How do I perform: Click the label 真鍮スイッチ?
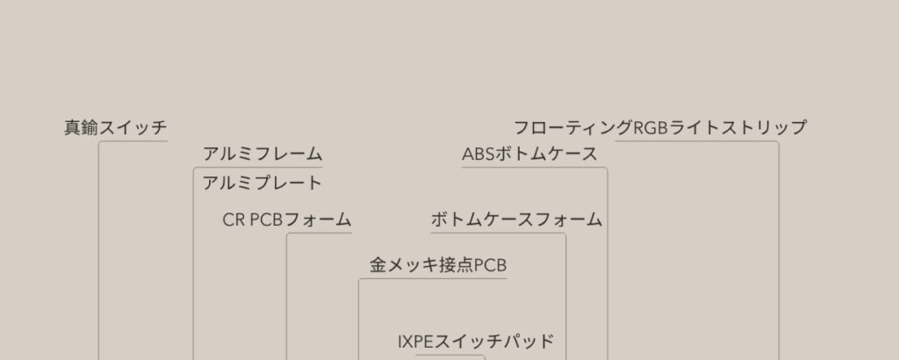pos(115,127)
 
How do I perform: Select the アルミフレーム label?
pos(263,155)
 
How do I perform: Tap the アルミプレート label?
pos(263,184)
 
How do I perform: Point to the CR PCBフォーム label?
pos(287,220)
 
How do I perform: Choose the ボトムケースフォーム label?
pos(516,220)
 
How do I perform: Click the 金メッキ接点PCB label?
pos(438,265)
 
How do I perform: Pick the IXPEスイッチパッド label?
pos(476,342)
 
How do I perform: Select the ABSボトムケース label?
pos(529,155)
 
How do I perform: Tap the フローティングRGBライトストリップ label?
pos(659,127)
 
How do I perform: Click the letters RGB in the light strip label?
pos(651,127)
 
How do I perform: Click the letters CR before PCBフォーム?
pos(234,220)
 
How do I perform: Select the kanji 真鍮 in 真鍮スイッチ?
pos(82,127)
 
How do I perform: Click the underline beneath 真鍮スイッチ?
pos(133,141)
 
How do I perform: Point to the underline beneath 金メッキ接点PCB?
pos(433,278)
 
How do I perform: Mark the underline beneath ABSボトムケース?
pos(535,168)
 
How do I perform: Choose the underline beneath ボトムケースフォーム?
pos(499,233)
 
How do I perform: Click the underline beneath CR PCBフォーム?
pos(320,233)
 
